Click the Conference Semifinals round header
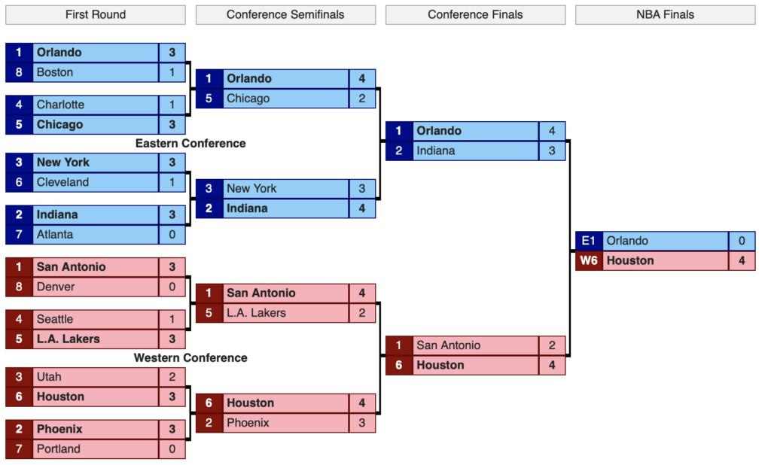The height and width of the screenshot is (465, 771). point(285,15)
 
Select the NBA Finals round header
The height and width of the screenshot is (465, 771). point(665,15)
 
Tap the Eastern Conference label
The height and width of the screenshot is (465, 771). point(190,144)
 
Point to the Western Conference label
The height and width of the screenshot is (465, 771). point(190,358)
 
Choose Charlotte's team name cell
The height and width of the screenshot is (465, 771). point(96,105)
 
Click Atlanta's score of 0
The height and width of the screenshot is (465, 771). point(172,235)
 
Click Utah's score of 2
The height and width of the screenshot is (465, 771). point(172,377)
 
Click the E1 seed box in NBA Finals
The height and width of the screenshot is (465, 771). point(589,241)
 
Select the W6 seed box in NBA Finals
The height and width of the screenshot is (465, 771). point(589,260)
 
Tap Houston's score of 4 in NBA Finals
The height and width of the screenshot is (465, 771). point(742,260)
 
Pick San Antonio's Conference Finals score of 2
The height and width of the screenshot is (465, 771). point(552,345)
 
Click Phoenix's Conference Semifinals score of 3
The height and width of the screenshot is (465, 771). point(362,423)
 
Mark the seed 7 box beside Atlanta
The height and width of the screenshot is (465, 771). point(19,235)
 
